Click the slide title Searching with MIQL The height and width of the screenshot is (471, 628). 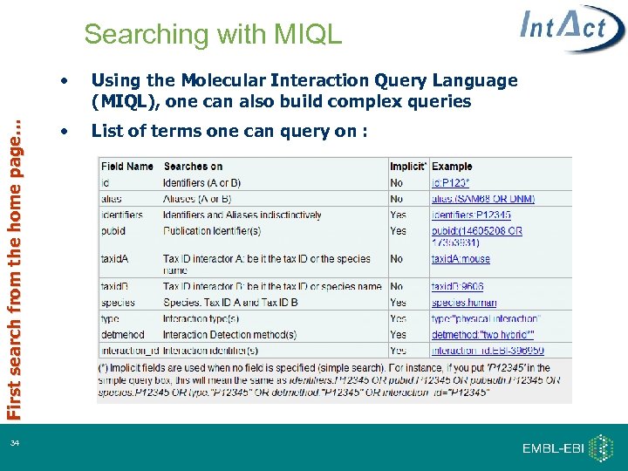[213, 35]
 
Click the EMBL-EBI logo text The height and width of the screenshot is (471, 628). [553, 448]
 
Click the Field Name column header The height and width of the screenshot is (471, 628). [127, 166]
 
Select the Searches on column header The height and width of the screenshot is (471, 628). [193, 166]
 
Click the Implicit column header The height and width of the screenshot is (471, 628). [407, 166]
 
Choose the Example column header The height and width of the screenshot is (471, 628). [452, 166]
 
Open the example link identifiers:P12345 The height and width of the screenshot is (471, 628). [471, 215]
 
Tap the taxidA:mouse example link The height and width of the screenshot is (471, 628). [461, 259]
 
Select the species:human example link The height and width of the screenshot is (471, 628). [464, 303]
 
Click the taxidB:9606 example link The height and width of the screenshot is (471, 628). [458, 286]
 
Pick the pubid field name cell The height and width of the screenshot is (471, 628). [113, 231]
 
